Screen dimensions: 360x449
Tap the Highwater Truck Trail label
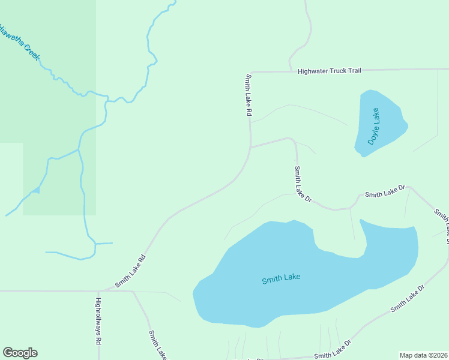click(x=330, y=71)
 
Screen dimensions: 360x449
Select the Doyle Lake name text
click(x=374, y=126)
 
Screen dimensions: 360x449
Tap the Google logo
click(x=20, y=353)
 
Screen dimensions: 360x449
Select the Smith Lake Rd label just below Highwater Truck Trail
click(x=249, y=95)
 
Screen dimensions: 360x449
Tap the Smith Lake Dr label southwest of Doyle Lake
click(x=303, y=184)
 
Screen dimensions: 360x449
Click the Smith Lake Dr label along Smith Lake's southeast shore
click(x=407, y=299)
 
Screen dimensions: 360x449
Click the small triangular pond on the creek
click(x=36, y=190)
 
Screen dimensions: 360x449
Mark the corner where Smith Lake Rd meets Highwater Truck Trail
click(x=249, y=72)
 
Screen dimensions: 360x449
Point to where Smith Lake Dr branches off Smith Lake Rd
click(x=250, y=147)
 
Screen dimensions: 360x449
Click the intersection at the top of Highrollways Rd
click(x=98, y=292)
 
